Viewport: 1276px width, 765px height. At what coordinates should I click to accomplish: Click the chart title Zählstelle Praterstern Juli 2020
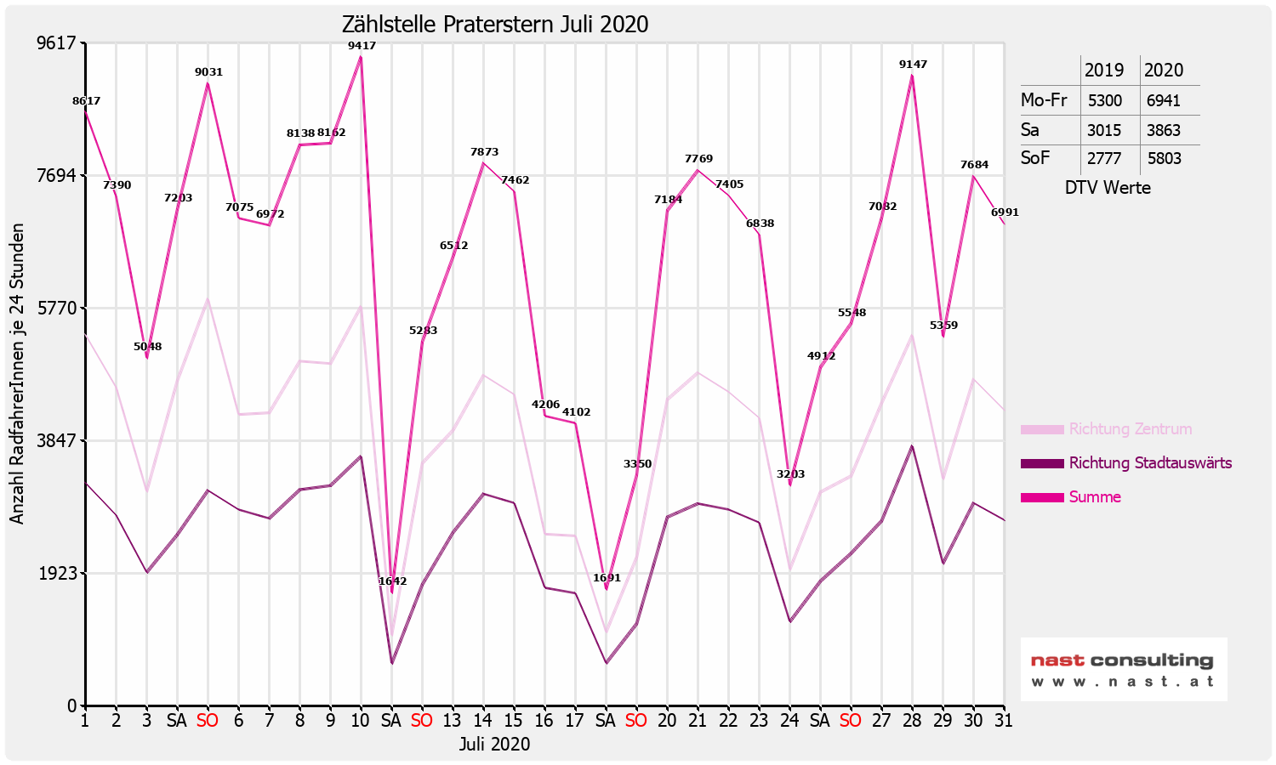[494, 25]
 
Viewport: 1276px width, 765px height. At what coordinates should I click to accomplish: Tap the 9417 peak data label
[362, 46]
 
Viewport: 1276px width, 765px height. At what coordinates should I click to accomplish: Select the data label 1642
[392, 581]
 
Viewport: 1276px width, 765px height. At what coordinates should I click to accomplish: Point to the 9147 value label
[913, 65]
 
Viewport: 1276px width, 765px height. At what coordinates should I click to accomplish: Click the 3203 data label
[790, 474]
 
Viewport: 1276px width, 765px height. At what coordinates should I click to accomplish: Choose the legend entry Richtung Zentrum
[1130, 429]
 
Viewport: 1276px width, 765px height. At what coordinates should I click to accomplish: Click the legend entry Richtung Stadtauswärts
[1149, 463]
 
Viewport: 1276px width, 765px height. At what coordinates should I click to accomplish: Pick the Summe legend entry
[1094, 497]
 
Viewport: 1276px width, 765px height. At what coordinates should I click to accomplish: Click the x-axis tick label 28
[912, 721]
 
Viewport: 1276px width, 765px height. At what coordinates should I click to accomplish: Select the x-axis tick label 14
[483, 721]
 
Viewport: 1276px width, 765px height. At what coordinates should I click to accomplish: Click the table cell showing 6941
[1163, 100]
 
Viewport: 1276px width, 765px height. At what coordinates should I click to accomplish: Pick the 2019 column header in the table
[1104, 71]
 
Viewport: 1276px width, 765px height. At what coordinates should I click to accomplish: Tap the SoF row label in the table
[1035, 158]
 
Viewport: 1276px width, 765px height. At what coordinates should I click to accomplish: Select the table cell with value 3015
[1104, 130]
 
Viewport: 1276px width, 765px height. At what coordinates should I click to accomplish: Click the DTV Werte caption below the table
[1108, 188]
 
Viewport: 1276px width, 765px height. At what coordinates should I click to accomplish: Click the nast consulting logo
[1123, 669]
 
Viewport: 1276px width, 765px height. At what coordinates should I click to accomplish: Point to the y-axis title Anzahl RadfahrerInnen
[17, 374]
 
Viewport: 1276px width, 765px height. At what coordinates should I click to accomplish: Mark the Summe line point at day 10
[361, 57]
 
